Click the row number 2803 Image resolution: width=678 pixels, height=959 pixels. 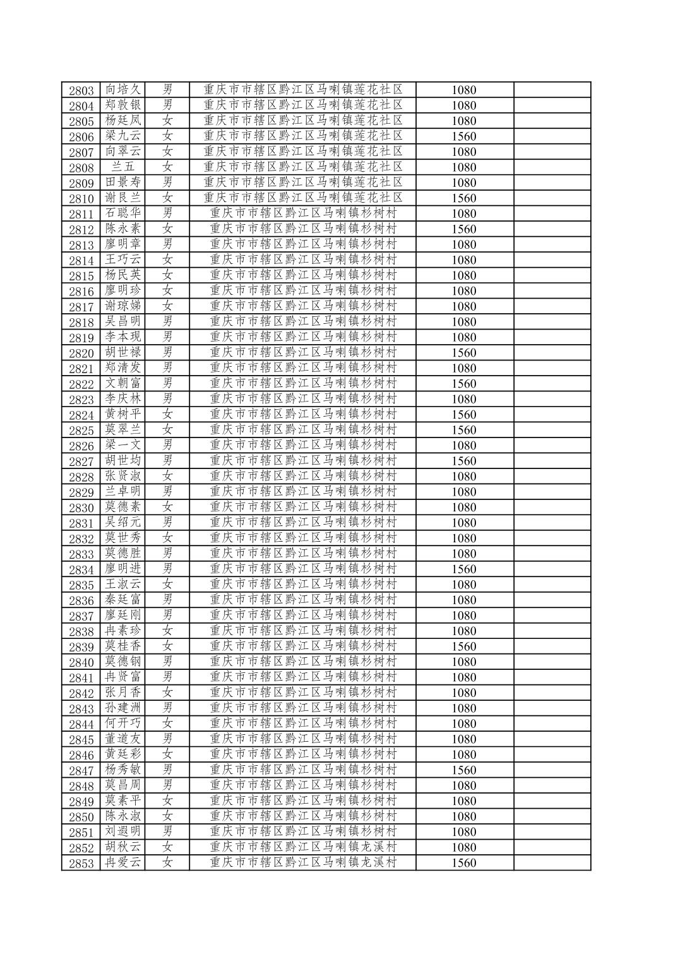coord(81,90)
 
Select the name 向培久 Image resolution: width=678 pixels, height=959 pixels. coord(122,90)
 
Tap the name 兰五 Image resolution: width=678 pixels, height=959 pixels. coord(122,167)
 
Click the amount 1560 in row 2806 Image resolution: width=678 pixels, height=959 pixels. coord(464,136)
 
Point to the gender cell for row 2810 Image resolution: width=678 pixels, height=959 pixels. coord(167,198)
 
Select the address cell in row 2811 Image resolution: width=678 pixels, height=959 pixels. coord(303,213)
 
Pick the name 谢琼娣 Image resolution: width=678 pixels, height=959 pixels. coord(122,306)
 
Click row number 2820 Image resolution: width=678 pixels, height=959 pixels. coord(81,353)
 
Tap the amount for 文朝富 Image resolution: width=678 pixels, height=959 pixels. coord(464,384)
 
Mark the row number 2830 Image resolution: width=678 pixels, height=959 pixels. coord(81,508)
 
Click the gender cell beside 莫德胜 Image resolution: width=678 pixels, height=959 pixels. coord(167,554)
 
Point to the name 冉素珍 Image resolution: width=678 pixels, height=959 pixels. coord(122,631)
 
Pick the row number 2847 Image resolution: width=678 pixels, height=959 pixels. coord(81,770)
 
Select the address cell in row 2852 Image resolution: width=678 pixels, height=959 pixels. coord(303,847)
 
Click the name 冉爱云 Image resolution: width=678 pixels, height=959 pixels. coord(122,862)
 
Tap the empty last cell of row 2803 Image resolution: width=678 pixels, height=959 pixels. coord(552,90)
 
